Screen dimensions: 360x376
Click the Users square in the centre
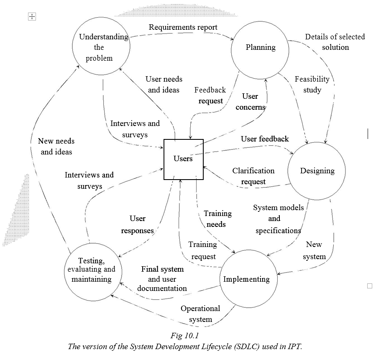(x=183, y=159)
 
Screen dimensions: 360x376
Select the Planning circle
(x=260, y=47)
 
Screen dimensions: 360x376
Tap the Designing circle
(x=317, y=171)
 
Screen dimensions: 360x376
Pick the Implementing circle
(x=246, y=279)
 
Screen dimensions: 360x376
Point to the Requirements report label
(x=183, y=27)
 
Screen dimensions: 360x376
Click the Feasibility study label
(x=312, y=84)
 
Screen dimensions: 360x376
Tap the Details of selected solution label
(x=335, y=42)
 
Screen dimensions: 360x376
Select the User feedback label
(x=265, y=139)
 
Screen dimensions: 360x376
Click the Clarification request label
(x=253, y=176)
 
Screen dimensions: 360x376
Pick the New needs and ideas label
(x=56, y=147)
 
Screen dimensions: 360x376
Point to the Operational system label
(x=200, y=314)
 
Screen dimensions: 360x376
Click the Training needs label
(x=217, y=219)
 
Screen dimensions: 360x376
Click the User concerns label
(x=250, y=102)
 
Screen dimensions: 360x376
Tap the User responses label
(x=138, y=224)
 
